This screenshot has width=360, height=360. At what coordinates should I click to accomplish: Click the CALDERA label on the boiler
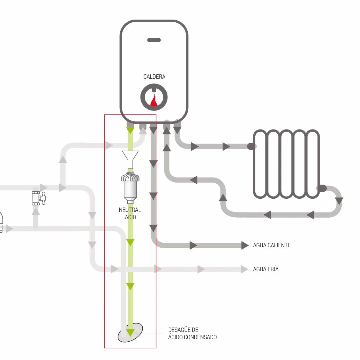click(x=154, y=77)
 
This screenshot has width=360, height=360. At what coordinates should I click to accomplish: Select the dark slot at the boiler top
click(x=154, y=40)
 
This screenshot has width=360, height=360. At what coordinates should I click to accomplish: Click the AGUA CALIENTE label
click(x=272, y=246)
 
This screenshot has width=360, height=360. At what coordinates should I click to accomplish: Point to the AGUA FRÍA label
click(x=266, y=269)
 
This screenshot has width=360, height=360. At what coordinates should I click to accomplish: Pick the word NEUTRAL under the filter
click(x=130, y=210)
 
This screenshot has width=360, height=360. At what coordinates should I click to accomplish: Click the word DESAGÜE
click(x=183, y=330)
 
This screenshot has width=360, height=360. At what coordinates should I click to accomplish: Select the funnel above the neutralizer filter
click(x=130, y=160)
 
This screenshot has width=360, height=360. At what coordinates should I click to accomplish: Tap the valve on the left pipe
click(x=39, y=198)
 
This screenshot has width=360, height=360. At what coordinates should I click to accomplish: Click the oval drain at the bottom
click(x=130, y=333)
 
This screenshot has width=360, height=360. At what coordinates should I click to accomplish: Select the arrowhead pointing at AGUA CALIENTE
click(x=245, y=246)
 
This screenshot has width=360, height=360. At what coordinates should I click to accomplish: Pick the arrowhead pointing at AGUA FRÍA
click(x=245, y=269)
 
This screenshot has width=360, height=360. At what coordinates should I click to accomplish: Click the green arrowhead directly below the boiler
click(x=130, y=130)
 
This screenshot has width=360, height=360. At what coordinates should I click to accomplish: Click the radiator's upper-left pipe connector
click(x=252, y=146)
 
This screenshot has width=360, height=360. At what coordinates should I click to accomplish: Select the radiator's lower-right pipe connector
click(x=322, y=188)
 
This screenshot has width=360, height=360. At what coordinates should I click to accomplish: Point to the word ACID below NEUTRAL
click(x=130, y=217)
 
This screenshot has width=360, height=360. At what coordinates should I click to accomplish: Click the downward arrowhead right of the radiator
click(x=339, y=201)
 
